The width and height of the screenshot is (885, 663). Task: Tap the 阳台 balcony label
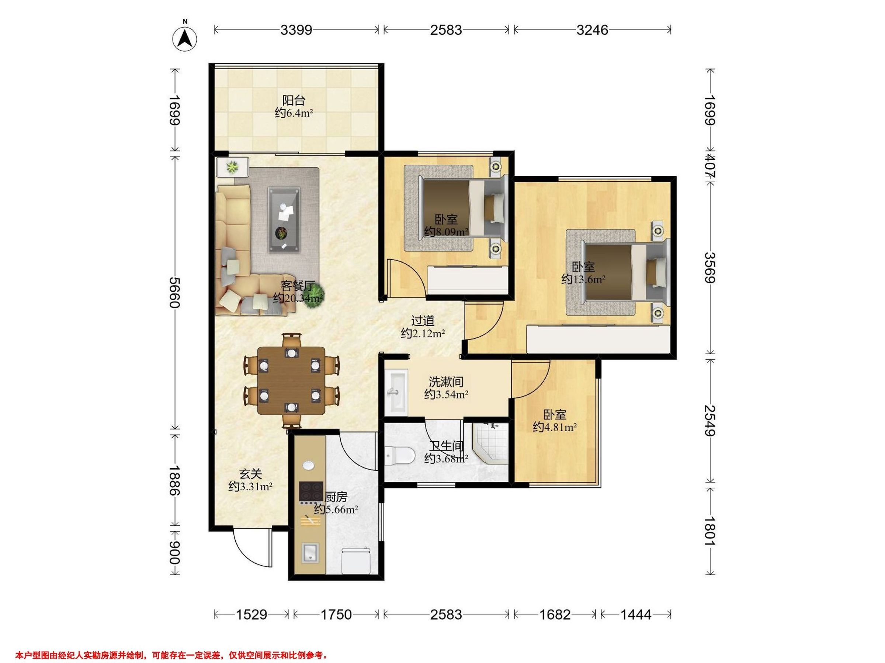294,100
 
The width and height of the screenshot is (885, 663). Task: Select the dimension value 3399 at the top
296,30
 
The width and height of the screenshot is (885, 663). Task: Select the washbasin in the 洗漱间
396,392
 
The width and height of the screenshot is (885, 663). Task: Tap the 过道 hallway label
423,320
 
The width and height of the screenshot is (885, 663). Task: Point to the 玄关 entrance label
250,474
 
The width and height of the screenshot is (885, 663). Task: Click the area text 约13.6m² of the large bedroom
583,279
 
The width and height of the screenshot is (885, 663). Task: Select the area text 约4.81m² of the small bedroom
555,427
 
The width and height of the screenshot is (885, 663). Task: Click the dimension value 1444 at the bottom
636,614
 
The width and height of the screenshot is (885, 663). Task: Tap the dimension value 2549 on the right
710,420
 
